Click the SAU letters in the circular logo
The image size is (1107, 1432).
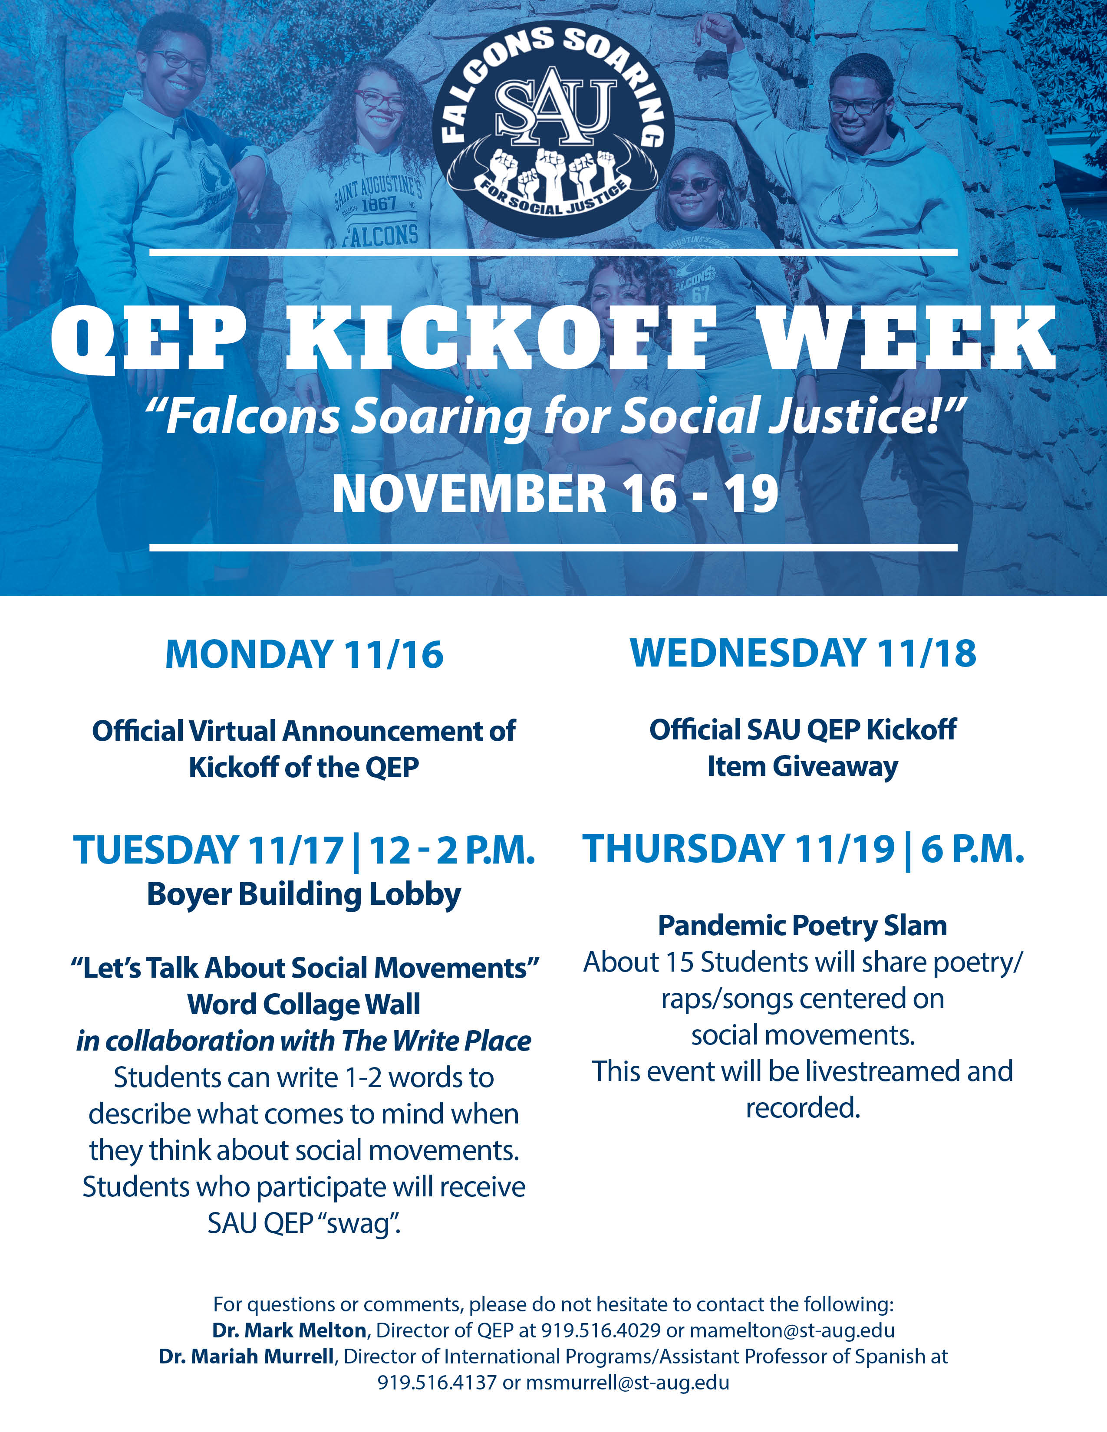click(555, 108)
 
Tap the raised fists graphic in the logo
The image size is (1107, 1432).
click(554, 172)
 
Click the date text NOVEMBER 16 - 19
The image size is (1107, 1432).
click(555, 494)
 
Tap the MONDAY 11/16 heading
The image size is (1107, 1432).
click(304, 654)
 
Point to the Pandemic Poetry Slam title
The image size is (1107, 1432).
click(803, 926)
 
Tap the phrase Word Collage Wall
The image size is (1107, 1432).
click(303, 1004)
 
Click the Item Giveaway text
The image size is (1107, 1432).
click(803, 767)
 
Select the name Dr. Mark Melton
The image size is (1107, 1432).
click(289, 1330)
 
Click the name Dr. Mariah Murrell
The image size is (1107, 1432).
click(247, 1356)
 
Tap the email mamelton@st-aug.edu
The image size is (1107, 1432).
click(792, 1330)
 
